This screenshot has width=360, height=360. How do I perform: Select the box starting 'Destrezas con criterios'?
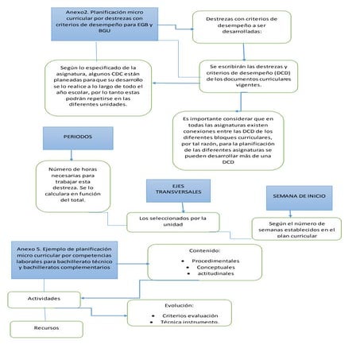246,29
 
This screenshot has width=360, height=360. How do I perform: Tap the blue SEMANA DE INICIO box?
300,195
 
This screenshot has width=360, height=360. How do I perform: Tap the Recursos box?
46,327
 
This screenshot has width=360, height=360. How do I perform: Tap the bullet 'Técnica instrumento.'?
188,323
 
